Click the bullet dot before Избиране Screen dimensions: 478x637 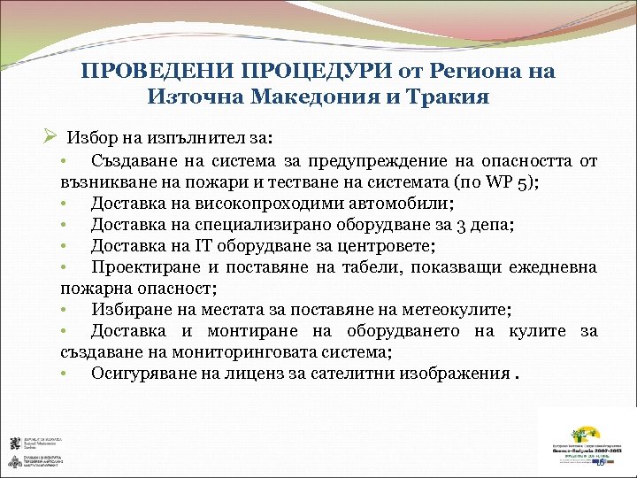pyautogui.click(x=65, y=309)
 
